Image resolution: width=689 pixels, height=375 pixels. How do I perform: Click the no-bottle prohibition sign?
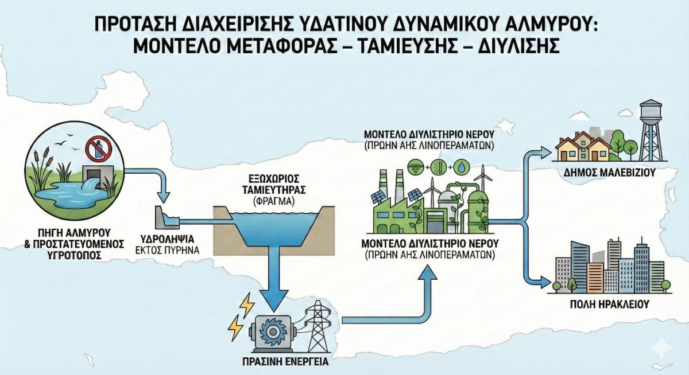(x=98, y=150)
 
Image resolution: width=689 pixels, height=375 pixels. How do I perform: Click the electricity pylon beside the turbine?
(x=315, y=327)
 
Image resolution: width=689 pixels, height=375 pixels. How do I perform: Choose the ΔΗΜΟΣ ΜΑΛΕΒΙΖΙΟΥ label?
(x=611, y=171)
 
